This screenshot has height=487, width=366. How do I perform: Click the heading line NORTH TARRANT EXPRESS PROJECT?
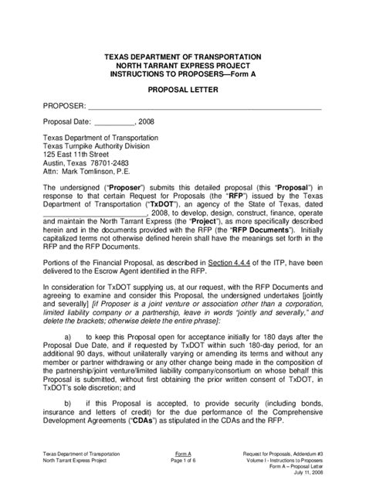(182, 66)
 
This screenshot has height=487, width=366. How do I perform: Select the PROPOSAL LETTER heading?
(182, 90)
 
